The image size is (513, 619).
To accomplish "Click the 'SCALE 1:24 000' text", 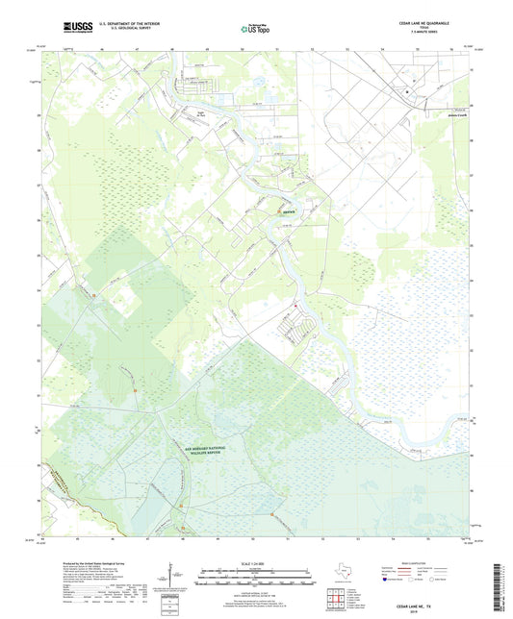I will click(x=256, y=562).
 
